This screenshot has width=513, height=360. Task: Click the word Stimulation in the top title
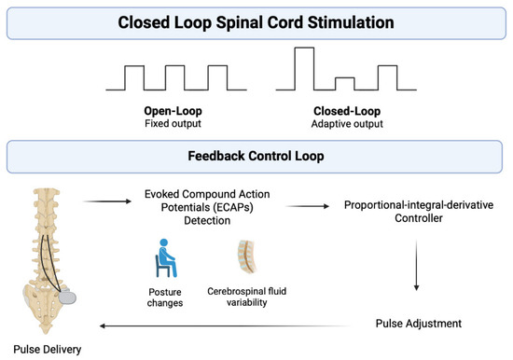point(351,22)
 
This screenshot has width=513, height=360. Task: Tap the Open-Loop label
point(173,111)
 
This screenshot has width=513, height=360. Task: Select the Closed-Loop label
point(347,111)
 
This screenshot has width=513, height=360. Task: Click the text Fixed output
point(173,124)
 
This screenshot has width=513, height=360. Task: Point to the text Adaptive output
point(347,124)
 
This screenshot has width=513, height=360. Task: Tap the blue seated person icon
point(166,258)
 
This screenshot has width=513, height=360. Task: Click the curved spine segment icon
point(247,256)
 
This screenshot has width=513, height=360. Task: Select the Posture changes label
point(165,298)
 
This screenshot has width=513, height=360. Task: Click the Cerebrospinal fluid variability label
point(246,297)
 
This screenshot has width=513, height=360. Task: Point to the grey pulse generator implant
point(67,298)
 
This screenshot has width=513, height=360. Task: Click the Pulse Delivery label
point(48,350)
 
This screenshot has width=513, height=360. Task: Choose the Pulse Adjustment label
point(419,324)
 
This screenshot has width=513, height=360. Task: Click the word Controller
point(419,218)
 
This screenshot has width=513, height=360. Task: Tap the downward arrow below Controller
point(417,265)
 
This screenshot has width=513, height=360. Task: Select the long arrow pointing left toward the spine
point(225,326)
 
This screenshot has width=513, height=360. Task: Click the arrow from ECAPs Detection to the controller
point(308,206)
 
